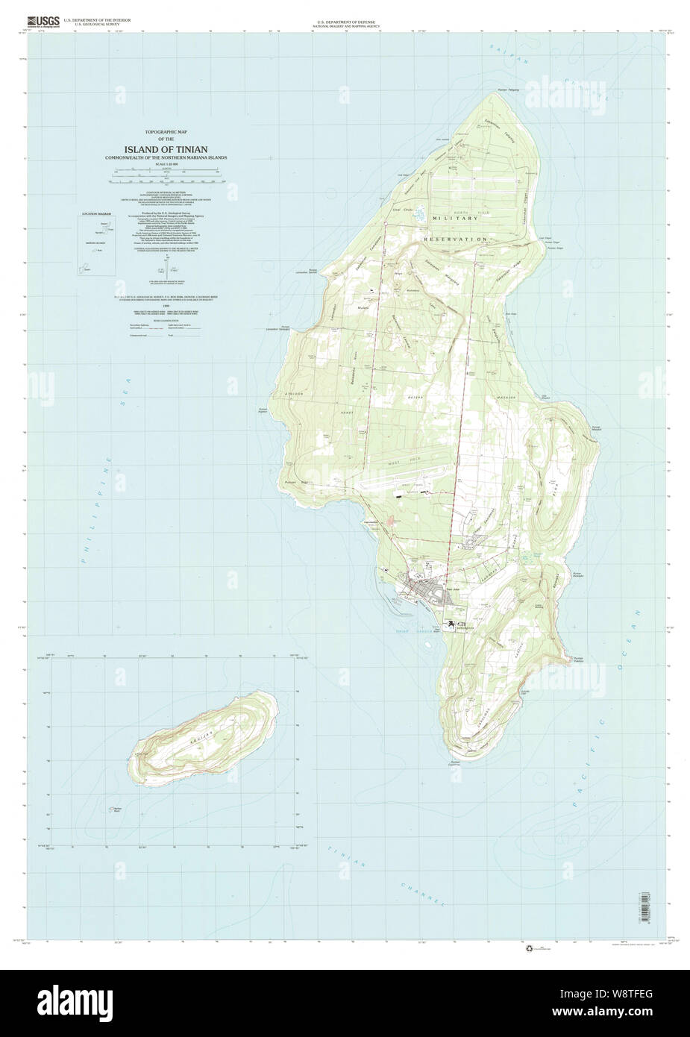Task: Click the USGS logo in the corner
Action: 41,22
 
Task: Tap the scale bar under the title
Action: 167,180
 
